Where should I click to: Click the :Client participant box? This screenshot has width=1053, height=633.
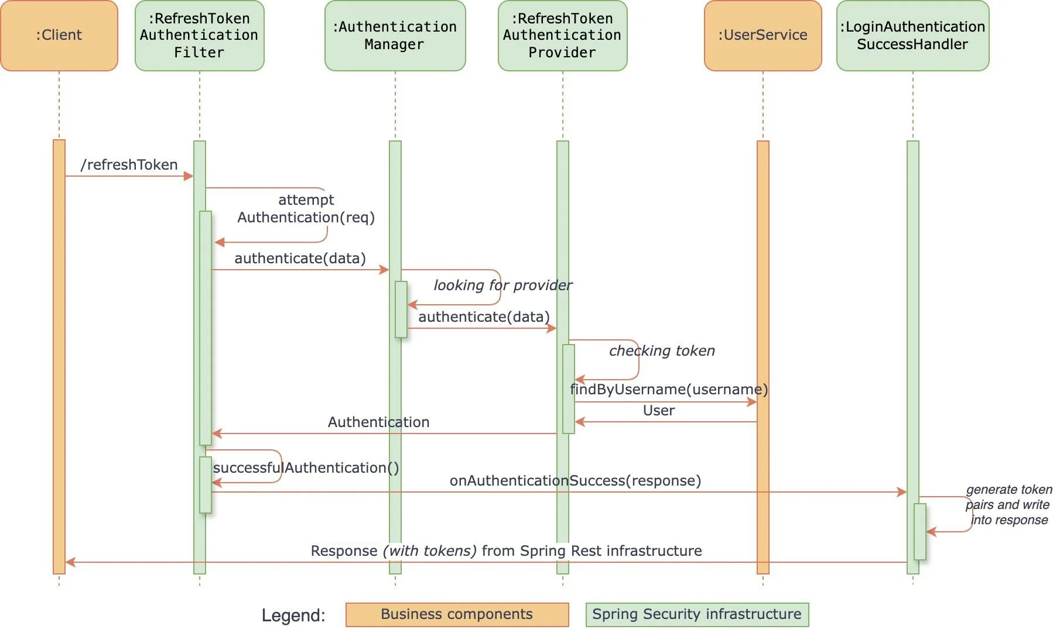[x=59, y=36]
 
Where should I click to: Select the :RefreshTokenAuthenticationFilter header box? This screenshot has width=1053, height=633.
[x=199, y=36]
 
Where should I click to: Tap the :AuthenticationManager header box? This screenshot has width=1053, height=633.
[x=395, y=36]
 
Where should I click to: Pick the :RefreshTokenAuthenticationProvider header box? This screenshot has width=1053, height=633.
[x=562, y=36]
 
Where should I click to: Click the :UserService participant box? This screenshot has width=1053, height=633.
[x=763, y=36]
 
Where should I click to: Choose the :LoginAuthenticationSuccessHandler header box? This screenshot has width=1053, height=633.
[x=912, y=36]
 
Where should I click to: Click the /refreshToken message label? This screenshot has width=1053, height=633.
[x=129, y=165]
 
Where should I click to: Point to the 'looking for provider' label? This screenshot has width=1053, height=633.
[x=502, y=285]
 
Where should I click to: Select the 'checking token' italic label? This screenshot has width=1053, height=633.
[x=662, y=351]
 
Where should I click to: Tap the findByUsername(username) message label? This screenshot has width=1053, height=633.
[x=669, y=390]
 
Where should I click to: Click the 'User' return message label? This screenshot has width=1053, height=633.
[x=659, y=411]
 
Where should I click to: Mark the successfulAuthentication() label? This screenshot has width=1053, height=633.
[x=306, y=468]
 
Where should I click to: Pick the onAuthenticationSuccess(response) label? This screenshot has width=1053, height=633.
[x=575, y=481]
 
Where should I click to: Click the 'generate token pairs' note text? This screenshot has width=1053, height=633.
[x=1008, y=505]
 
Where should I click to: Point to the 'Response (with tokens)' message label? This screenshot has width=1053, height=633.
[x=506, y=551]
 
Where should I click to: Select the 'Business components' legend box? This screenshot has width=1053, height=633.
[x=457, y=614]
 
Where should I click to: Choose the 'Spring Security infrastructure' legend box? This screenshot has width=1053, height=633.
[x=697, y=614]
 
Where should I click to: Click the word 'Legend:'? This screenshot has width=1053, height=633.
[x=293, y=615]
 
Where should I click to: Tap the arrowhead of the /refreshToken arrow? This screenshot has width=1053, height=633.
[x=189, y=176]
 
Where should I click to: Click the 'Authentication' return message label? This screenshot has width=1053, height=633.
[x=378, y=422]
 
